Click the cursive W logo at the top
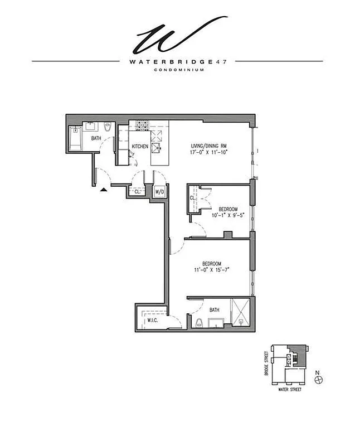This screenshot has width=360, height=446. pyautogui.click(x=180, y=35)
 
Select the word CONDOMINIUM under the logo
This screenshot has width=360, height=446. pyautogui.click(x=181, y=70)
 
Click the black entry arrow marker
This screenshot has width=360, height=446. pyautogui.click(x=103, y=190)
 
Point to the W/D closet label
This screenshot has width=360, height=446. pyautogui.click(x=159, y=191)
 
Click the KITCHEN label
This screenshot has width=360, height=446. pyautogui.click(x=140, y=147)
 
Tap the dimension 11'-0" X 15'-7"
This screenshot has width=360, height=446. pyautogui.click(x=212, y=269)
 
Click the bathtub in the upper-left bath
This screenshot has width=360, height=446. pyautogui.click(x=75, y=139)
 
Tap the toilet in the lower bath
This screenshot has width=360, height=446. pyautogui.click(x=199, y=322)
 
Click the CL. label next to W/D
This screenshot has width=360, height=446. pyautogui.click(x=137, y=191)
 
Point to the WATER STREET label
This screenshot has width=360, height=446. pyautogui.click(x=289, y=389)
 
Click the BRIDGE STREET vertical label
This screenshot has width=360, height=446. pyautogui.click(x=267, y=363)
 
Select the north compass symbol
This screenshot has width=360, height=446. pyautogui.click(x=318, y=380)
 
